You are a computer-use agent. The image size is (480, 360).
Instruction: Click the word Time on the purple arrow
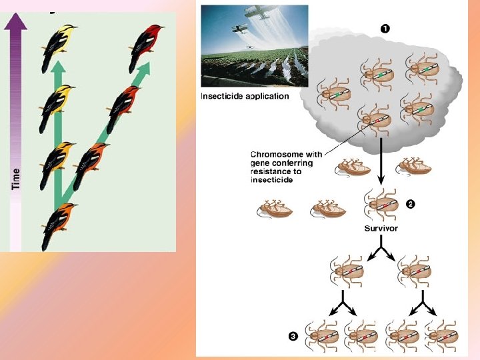tap(16, 178)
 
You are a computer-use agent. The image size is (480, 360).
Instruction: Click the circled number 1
tap(385, 28)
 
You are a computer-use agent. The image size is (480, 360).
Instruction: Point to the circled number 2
tap(411, 204)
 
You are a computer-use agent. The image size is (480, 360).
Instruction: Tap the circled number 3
tap(292, 335)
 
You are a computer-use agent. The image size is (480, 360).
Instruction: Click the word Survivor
tap(381, 228)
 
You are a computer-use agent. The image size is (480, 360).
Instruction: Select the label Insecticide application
tap(245, 96)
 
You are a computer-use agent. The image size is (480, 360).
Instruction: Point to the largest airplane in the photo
tap(263, 12)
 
